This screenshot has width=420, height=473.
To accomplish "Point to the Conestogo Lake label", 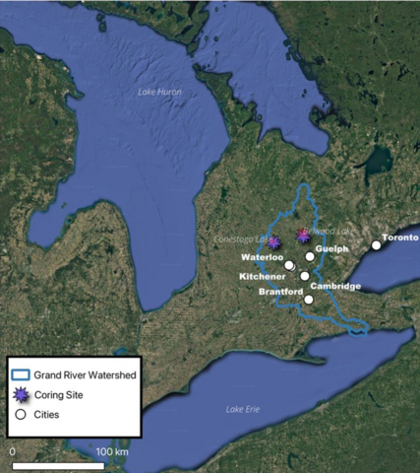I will click(241, 238).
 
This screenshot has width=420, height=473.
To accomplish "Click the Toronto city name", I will click(400, 238).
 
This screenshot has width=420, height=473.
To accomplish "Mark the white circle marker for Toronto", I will click(376, 245).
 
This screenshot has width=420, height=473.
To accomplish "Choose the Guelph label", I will click(333, 249).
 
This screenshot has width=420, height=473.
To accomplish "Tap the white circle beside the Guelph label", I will click(310, 256).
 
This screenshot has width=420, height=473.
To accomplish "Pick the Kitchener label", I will click(261, 277).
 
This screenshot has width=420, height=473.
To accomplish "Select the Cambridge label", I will click(335, 286).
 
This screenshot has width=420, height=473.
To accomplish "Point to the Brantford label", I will click(280, 292).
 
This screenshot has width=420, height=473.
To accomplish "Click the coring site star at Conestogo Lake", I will click(273, 241).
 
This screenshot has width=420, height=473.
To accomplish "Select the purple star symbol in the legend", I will click(21, 394).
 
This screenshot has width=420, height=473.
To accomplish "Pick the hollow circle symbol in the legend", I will click(21, 414).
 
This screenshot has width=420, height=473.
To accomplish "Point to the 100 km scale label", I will click(114, 451).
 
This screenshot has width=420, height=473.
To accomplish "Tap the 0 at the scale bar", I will click(13, 451).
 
